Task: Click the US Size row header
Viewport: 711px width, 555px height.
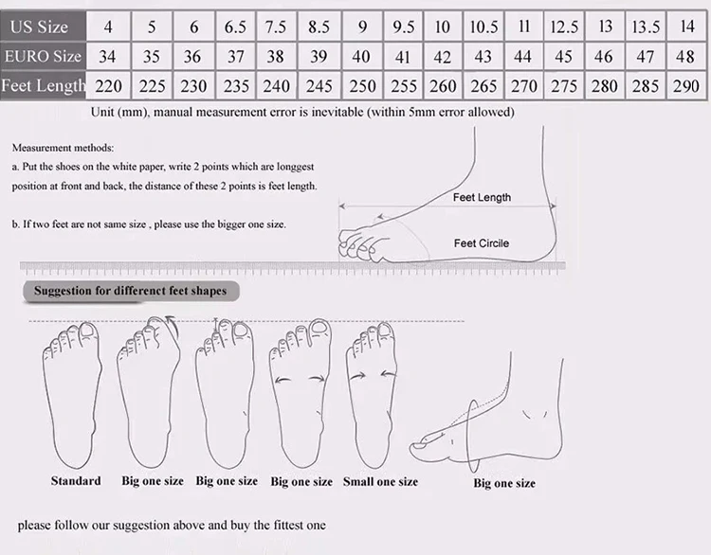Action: point(43,27)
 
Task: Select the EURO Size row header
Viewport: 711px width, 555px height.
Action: point(43,56)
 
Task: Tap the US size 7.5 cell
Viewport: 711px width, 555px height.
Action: point(276,27)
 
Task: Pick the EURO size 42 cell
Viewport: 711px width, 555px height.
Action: point(443,56)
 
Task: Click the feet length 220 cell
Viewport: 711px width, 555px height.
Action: point(108,85)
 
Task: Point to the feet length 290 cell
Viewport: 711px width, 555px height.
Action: point(686,85)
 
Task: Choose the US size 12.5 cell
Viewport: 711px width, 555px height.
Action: point(564,27)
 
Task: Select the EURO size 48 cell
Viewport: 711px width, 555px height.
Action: point(686,56)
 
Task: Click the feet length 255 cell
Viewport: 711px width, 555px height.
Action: point(403,85)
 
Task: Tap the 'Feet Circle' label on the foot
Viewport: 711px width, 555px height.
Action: point(482,243)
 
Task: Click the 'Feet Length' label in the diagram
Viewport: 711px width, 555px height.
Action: point(482,197)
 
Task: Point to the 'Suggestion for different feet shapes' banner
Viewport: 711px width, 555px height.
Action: point(131,291)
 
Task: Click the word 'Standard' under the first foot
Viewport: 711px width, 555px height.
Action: point(76,481)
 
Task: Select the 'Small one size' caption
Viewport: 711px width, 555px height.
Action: point(380,482)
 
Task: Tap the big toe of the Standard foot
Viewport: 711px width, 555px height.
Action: point(88,334)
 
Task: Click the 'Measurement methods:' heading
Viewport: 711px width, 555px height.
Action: point(63,148)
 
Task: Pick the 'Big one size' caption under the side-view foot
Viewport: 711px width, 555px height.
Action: point(504,483)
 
